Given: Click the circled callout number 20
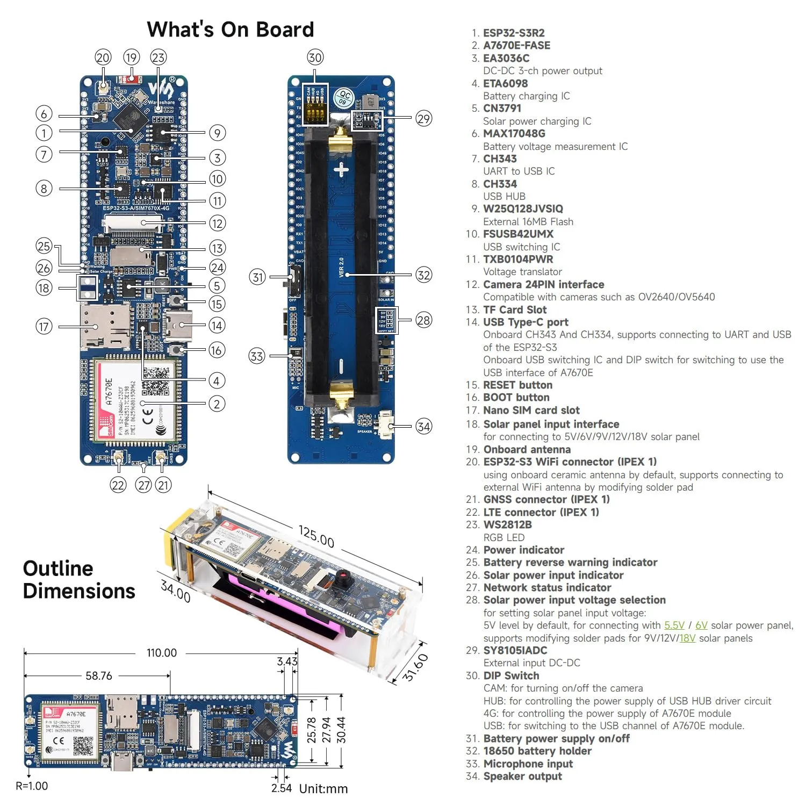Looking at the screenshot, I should (x=103, y=57).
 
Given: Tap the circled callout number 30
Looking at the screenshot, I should (x=315, y=57).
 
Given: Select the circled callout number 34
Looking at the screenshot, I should (x=423, y=427).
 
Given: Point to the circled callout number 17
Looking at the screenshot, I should (x=44, y=326).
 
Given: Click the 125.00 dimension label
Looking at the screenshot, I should (x=316, y=537).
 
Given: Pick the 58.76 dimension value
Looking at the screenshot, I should (x=99, y=675).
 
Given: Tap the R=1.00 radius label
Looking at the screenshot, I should (x=32, y=786).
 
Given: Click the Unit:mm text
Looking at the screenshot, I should (x=323, y=789).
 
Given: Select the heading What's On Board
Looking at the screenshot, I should (x=230, y=30).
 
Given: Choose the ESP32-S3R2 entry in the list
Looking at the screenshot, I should (x=514, y=33).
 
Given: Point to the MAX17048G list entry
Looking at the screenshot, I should (x=514, y=133).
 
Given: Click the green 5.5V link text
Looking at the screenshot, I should (x=674, y=625).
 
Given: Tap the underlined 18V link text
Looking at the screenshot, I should (x=687, y=638).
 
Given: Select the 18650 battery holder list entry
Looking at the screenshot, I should (x=537, y=751).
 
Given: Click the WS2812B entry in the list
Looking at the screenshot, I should (x=507, y=524).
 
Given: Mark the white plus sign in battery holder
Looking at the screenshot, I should (x=341, y=171).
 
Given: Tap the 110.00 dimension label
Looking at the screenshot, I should (x=161, y=652).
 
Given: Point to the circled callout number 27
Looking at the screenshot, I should (x=143, y=485).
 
